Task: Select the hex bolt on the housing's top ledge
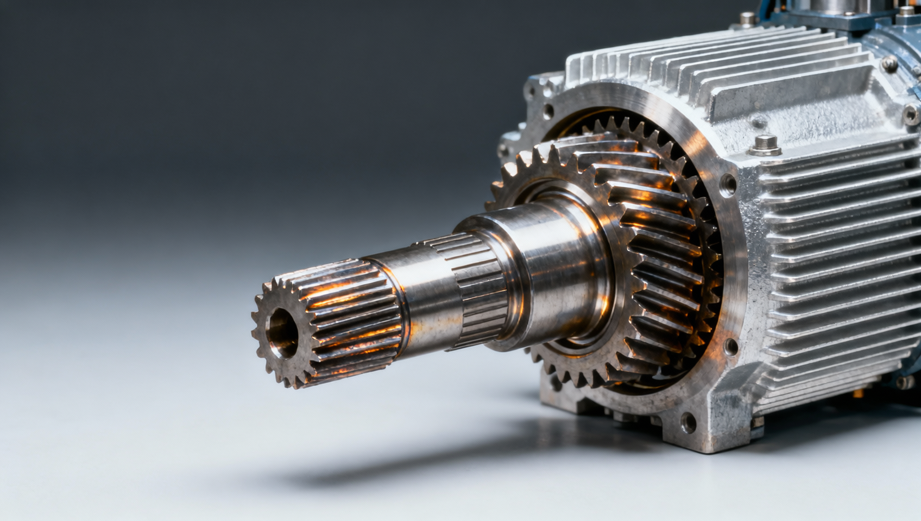point(765,144)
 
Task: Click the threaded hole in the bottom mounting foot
point(688,422)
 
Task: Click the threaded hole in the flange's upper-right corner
point(727,185)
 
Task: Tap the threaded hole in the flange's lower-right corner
point(730,346)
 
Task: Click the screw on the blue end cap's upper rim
point(889,64)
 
